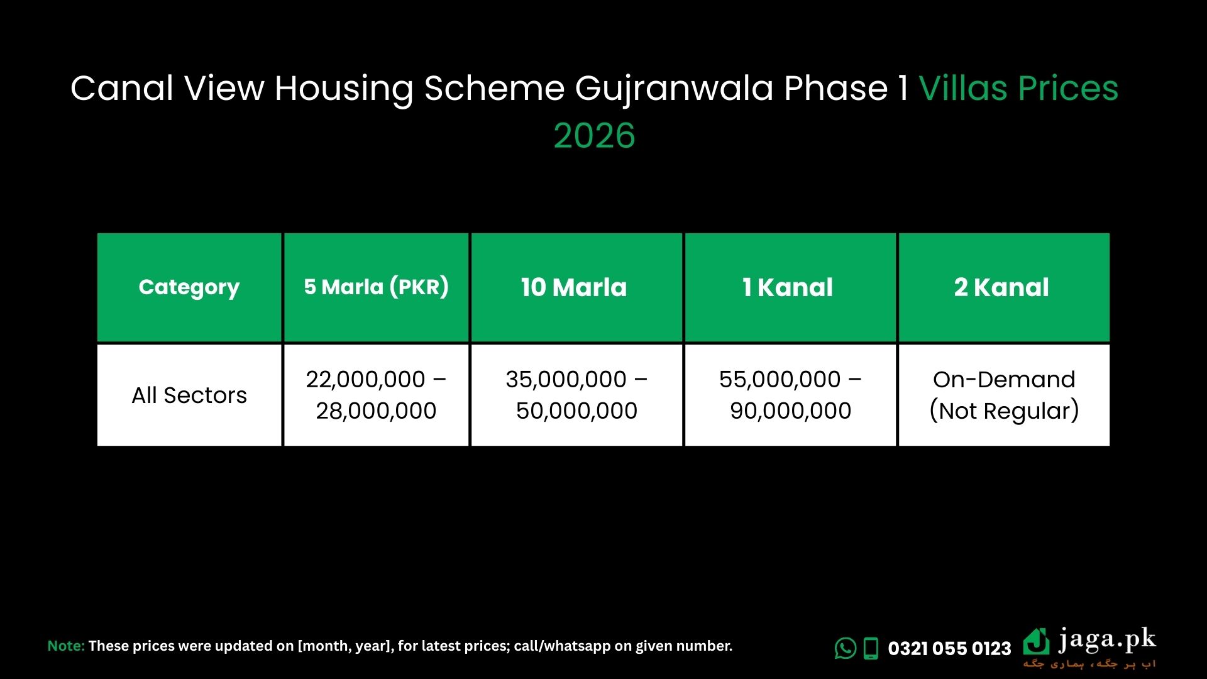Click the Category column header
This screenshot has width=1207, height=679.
tap(189, 287)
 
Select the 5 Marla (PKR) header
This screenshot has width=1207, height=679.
tap(376, 287)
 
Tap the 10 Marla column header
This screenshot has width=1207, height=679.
tap(574, 287)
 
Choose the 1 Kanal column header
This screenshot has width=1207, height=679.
tap(788, 287)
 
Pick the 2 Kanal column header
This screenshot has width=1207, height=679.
tap(1001, 287)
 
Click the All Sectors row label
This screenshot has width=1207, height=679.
tap(189, 395)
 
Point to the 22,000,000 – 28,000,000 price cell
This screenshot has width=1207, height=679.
tap(376, 395)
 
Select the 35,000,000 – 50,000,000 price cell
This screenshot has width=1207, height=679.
tap(576, 395)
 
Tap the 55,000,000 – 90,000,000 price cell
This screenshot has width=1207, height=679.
tap(790, 395)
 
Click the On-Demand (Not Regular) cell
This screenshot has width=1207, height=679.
tap(1004, 395)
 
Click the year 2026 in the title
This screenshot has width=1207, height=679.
tap(594, 136)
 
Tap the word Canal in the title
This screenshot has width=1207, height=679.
tap(121, 88)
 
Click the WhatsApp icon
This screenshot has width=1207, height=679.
tap(846, 648)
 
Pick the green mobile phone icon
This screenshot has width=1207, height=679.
tap(871, 648)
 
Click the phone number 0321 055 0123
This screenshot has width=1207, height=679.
tap(949, 648)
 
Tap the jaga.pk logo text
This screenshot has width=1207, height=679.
tap(1106, 641)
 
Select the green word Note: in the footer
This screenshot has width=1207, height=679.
tap(66, 646)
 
